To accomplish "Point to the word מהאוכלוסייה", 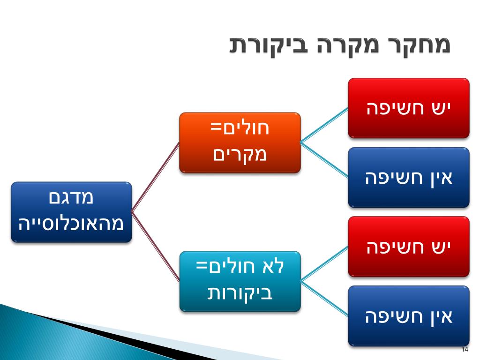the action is [71, 223].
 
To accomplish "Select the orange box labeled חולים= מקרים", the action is [240, 142].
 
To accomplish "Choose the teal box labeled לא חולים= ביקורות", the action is [240, 281].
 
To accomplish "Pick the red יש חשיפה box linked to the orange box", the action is [408, 108].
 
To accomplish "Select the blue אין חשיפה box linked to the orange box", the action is [408, 177].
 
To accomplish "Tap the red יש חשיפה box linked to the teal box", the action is [408, 246].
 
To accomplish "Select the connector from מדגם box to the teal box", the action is [156, 247].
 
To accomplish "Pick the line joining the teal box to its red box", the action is [324, 264].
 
